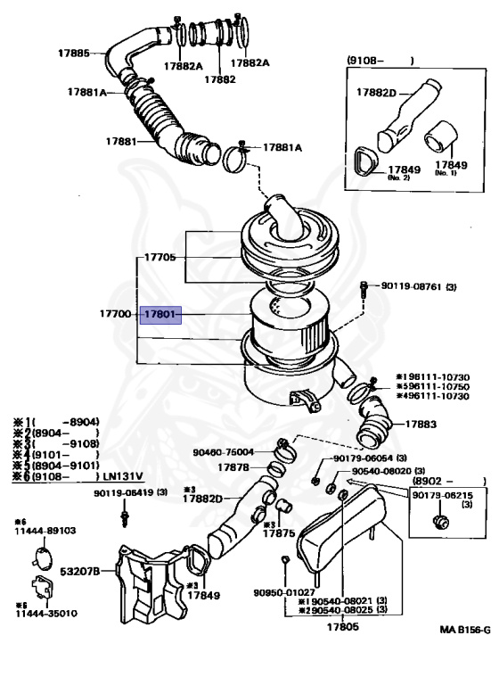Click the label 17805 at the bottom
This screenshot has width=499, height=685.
342,627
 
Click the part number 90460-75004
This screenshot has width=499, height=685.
224,452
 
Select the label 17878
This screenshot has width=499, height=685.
234,467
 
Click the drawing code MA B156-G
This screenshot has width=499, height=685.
463,630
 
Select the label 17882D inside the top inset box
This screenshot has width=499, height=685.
377,92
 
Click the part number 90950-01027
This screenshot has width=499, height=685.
282,591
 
